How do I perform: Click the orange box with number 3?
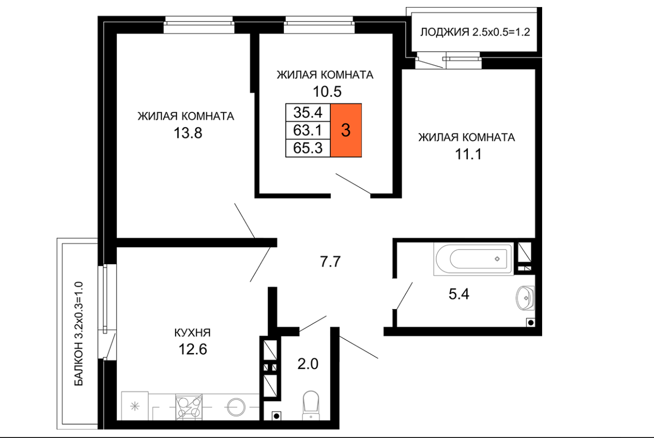346,130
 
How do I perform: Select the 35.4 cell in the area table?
308,112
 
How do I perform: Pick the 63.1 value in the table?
308,130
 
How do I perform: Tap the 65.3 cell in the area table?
308,148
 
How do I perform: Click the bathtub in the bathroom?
473,259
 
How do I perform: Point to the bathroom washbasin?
525,298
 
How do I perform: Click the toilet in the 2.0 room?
310,405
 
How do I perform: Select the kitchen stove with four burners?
189,407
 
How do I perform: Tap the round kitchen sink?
236,407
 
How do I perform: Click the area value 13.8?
188,133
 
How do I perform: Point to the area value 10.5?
327,92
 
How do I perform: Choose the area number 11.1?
468,154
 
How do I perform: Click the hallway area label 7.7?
330,262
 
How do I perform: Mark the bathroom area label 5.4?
459,294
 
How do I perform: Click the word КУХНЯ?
193,333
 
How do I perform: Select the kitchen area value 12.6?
193,349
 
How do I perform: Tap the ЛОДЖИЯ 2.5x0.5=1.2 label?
475,32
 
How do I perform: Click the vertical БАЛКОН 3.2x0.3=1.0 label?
79,334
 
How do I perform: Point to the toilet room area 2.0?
308,364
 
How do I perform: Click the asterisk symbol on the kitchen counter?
134,406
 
